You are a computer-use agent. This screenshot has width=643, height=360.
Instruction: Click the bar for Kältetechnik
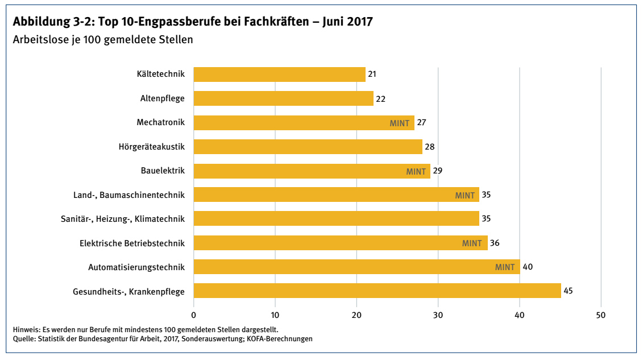pyautogui.click(x=279, y=75)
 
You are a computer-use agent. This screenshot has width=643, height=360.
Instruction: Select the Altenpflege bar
pyautogui.click(x=283, y=98)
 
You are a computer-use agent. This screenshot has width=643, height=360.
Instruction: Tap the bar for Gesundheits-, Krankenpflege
pyautogui.click(x=377, y=291)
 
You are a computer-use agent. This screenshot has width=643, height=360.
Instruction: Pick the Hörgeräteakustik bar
pyautogui.click(x=308, y=147)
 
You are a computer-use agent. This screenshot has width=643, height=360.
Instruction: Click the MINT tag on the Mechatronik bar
pyautogui.click(x=400, y=123)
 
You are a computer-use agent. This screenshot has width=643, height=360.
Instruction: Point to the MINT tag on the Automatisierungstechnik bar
pyautogui.click(x=505, y=267)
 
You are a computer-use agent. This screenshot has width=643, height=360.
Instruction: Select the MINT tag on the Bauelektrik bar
pyautogui.click(x=416, y=171)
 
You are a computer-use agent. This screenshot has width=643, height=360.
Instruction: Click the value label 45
pyautogui.click(x=568, y=291)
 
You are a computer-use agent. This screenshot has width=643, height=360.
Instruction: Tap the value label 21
pyautogui.click(x=372, y=75)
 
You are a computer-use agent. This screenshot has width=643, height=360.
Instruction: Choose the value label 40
pyautogui.click(x=527, y=267)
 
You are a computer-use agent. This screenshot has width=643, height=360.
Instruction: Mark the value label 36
pyautogui.click(x=495, y=243)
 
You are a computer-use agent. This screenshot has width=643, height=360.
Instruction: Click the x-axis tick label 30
pyautogui.click(x=438, y=315)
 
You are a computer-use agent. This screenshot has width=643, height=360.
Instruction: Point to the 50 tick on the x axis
pyautogui.click(x=600, y=315)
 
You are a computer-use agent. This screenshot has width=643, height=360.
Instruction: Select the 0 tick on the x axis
pyautogui.click(x=194, y=315)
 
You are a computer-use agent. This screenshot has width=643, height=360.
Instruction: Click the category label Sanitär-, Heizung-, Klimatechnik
pyautogui.click(x=123, y=219)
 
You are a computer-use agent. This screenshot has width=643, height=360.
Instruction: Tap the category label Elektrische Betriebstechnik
pyautogui.click(x=132, y=243)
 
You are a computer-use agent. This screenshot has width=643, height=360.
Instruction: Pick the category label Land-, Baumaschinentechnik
pyautogui.click(x=129, y=195)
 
